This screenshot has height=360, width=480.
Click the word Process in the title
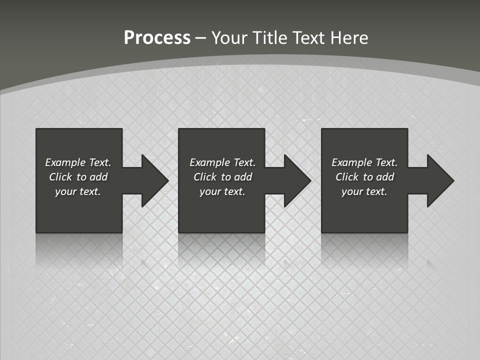point(157,38)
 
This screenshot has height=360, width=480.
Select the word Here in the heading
point(349,38)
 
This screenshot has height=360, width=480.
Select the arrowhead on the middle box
point(296,180)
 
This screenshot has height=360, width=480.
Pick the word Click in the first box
point(60,177)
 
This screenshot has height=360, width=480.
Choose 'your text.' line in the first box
point(78,191)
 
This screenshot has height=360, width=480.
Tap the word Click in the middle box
point(205,177)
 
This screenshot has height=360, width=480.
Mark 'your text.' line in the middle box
point(222,191)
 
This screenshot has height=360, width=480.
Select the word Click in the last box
point(347,177)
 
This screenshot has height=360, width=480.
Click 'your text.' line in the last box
point(364,191)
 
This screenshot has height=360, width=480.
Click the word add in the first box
point(98,177)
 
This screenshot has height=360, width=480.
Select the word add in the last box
point(385,177)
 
